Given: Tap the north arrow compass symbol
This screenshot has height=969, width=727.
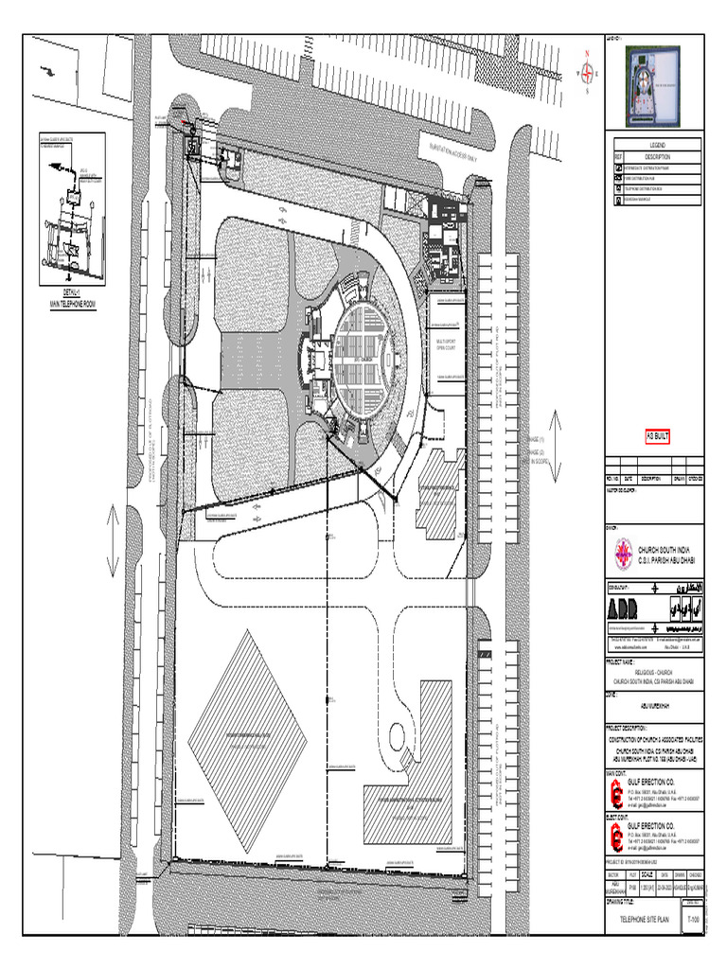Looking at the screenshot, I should tap(588, 70).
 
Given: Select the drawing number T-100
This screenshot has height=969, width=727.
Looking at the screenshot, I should tap(695, 919).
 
